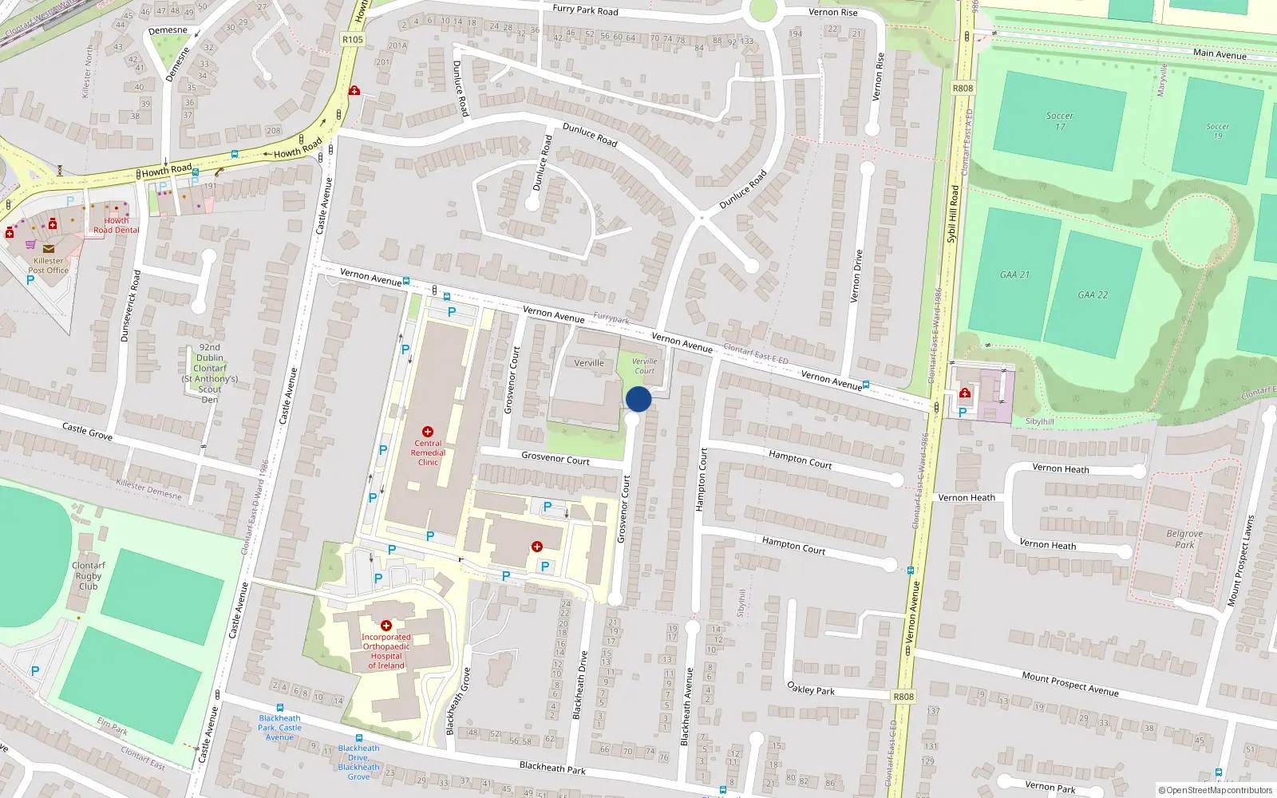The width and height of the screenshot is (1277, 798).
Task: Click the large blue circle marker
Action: [x=638, y=399]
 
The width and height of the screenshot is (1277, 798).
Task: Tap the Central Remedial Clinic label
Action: [x=428, y=452]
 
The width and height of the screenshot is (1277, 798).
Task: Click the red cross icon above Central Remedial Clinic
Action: [x=428, y=432]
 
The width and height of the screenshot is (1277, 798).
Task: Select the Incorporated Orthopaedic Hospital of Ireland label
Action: [x=386, y=651]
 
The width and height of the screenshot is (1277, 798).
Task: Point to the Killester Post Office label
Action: [x=49, y=266]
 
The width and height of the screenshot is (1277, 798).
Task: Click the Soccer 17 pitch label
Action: [x=1059, y=121]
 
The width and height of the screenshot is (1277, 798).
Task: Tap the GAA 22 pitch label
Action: [x=1093, y=295]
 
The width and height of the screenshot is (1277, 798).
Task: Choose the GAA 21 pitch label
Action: [x=1014, y=275]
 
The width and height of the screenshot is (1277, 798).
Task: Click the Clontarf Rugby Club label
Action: [x=89, y=575]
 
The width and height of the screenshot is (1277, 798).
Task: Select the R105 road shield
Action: [x=352, y=39]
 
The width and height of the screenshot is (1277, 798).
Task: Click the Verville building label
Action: [x=589, y=363]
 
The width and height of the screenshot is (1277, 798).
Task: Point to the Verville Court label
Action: [x=644, y=366]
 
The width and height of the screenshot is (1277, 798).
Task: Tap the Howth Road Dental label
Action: [x=116, y=225]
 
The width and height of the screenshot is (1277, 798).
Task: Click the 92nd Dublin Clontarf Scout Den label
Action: [x=210, y=373]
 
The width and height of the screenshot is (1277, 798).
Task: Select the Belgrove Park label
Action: [x=1184, y=539]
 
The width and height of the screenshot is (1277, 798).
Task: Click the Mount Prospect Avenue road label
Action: [x=1069, y=684]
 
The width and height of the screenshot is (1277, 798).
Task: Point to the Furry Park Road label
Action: [x=585, y=10]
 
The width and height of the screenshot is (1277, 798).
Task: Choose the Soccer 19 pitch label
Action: [x=1217, y=131]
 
